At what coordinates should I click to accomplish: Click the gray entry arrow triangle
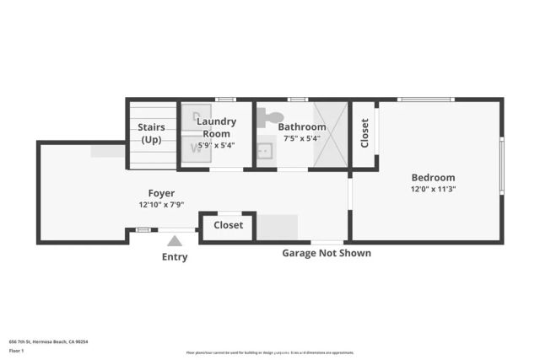(x=175, y=241)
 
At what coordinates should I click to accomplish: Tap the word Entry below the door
(x=175, y=257)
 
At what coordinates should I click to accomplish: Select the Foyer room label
(x=161, y=193)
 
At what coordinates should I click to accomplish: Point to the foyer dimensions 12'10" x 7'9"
(x=161, y=205)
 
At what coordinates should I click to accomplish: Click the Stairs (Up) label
(x=151, y=133)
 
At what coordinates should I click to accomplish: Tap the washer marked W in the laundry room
(x=196, y=148)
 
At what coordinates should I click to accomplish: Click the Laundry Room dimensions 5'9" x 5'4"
(x=216, y=145)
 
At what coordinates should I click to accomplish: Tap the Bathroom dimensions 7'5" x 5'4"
(x=301, y=138)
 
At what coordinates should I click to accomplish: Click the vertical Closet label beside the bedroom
(x=364, y=133)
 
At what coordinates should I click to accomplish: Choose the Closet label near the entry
(x=228, y=225)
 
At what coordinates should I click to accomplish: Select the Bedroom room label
(x=433, y=178)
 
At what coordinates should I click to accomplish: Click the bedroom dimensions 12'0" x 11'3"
(x=433, y=190)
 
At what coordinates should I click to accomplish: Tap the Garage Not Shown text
(x=326, y=253)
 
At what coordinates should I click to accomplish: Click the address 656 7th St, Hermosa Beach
(x=48, y=341)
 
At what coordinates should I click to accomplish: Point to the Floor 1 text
(x=16, y=350)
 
